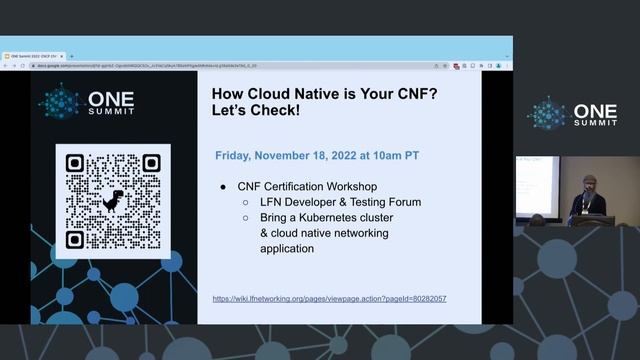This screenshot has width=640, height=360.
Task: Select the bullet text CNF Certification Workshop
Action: [307, 186]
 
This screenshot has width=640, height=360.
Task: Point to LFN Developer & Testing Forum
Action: [340, 202]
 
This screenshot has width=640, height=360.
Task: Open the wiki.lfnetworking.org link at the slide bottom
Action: [330, 299]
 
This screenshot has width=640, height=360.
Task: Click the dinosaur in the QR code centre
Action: [113, 200]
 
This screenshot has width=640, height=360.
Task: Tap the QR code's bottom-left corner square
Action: [74, 239]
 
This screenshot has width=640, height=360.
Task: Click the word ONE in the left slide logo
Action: [111, 99]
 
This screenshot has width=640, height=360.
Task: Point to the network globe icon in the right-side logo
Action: [547, 113]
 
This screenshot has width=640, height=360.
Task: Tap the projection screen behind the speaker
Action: [536, 186]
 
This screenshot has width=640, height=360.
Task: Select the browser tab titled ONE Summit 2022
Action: [32, 56]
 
